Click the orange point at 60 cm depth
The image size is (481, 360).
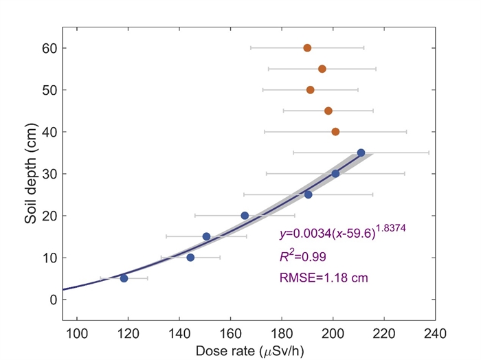tap(307, 48)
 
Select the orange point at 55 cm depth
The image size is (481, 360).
tap(322, 69)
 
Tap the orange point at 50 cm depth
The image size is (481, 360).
tap(310, 90)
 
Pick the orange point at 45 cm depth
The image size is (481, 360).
tap(328, 111)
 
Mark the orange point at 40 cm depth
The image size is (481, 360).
tap(335, 131)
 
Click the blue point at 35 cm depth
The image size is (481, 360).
tap(361, 153)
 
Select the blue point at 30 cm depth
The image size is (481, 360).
tap(335, 174)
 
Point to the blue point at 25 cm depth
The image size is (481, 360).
tap(308, 194)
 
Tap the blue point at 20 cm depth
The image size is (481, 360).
tap(245, 216)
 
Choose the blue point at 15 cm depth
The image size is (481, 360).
tap(206, 236)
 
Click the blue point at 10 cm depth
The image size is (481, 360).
tap(190, 258)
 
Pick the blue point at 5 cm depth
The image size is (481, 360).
tap(124, 278)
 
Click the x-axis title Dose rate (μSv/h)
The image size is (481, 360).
tap(248, 350)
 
